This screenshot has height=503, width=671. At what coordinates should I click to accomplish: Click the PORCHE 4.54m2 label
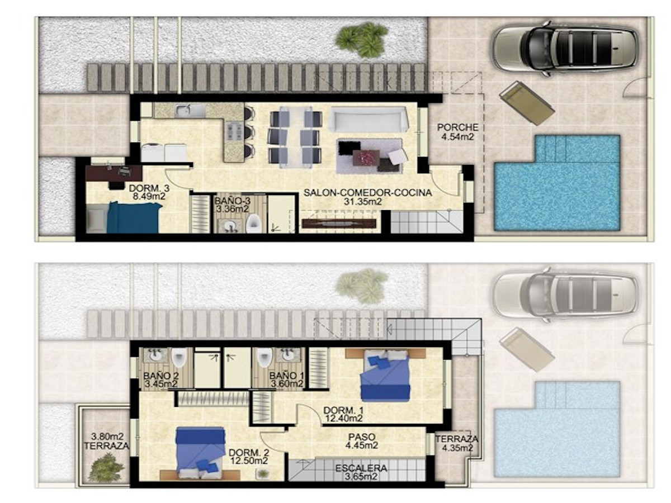coord(457,132)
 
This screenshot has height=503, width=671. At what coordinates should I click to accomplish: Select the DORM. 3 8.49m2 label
coord(149,192)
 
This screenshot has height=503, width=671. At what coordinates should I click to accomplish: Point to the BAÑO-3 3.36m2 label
coord(233,205)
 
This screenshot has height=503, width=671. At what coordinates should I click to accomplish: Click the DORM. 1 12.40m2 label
coord(343,414)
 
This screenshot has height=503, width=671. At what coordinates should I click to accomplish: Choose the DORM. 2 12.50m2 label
coord(249,456)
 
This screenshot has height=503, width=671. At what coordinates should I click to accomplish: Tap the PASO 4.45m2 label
coord(362,441)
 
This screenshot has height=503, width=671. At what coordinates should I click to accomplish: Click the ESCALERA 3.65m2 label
coord(361,472)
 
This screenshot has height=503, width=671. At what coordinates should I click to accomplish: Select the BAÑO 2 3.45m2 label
coord(161,379)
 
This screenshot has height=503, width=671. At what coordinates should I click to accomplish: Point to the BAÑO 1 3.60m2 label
coord(286,379)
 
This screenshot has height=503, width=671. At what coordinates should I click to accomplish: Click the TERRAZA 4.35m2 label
coord(457,443)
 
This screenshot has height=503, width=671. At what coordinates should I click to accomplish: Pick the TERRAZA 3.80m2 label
coord(107,442)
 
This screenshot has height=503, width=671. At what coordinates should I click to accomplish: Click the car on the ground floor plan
coord(565,48)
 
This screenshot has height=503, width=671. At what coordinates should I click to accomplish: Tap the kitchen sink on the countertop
coord(190,110)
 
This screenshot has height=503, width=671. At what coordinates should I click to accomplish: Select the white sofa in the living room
coord(368,120)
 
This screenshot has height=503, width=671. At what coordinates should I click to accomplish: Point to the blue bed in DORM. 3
coord(133,217)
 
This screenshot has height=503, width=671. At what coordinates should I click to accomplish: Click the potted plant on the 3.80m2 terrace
coord(106,468)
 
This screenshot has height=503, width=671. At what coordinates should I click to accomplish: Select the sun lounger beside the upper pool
coord(527,103)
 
